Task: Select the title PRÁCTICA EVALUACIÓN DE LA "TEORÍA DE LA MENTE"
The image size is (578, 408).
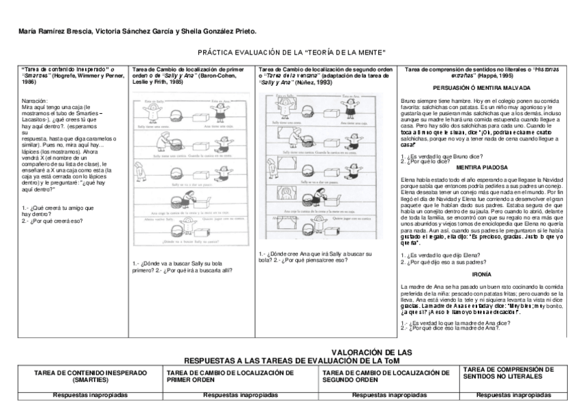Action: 292,52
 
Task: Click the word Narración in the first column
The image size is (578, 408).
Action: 35,100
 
